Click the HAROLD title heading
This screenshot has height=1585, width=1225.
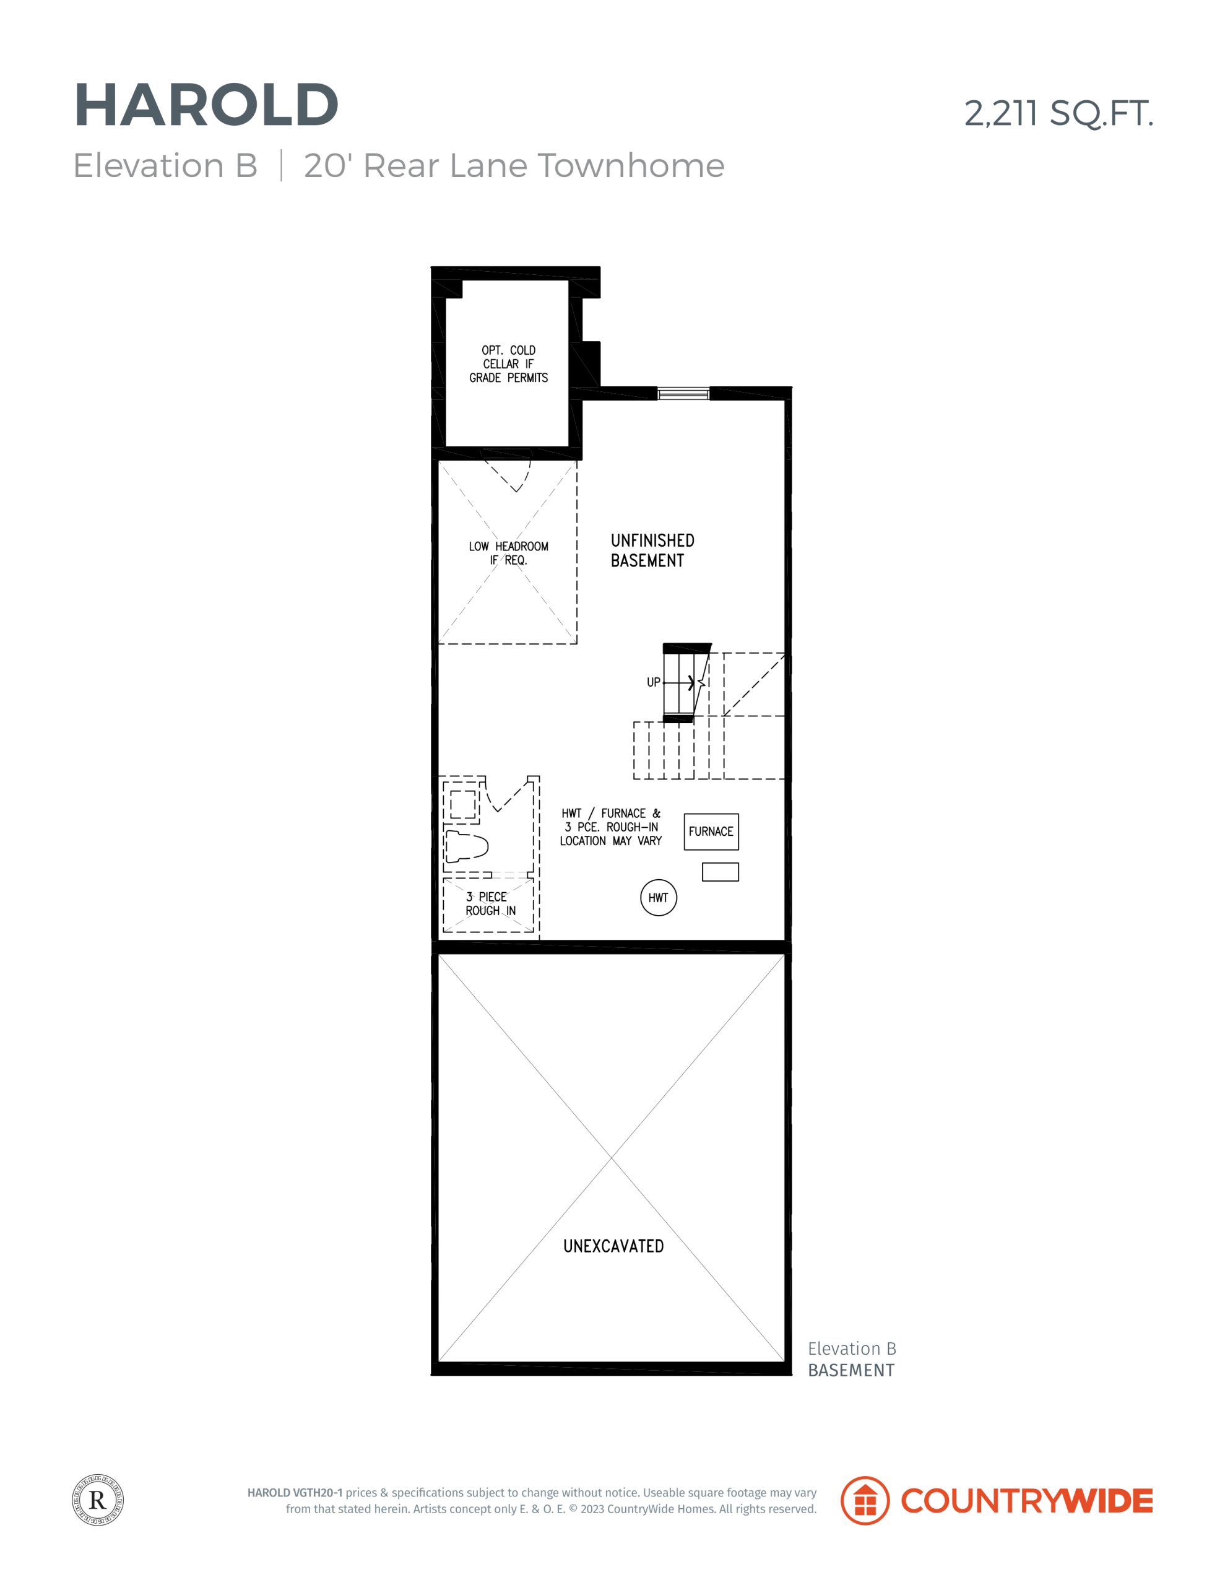point(207,105)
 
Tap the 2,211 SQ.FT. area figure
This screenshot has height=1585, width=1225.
point(1058,113)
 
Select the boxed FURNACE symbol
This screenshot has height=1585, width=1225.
point(711,832)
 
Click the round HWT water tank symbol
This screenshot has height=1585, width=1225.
point(658,898)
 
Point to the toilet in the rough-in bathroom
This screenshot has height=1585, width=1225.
point(466,846)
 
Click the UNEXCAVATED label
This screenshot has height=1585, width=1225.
point(613,1246)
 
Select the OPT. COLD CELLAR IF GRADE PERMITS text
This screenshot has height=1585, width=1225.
point(508,363)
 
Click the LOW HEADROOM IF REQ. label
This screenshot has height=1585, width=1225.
point(508,553)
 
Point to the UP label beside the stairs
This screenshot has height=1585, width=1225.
point(653,682)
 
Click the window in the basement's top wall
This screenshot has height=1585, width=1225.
point(683,393)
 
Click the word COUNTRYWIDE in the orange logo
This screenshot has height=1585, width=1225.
point(1026,1501)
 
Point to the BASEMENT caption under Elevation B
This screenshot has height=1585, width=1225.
point(851,1370)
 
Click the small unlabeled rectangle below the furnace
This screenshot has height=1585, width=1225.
point(720,872)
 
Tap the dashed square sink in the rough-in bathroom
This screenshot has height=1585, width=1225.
point(462,804)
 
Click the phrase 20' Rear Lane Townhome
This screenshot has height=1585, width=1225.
point(514,166)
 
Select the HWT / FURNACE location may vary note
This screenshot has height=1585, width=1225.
point(610,827)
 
